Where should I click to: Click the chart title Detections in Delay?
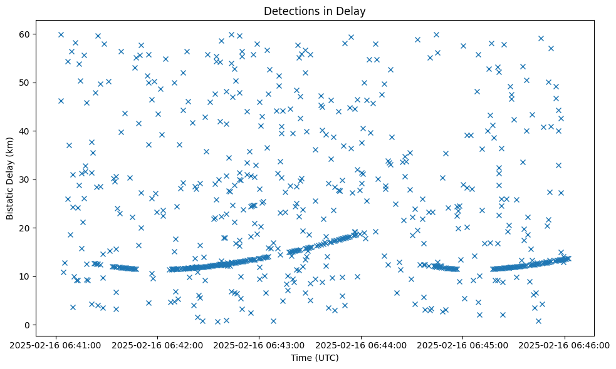[x=314, y=11]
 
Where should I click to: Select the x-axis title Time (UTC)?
[x=314, y=358]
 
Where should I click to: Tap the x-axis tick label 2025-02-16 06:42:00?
[x=157, y=345]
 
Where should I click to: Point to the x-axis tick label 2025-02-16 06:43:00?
[x=259, y=345]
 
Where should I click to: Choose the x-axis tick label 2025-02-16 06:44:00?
[x=361, y=345]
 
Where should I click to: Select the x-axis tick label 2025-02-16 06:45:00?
[x=462, y=345]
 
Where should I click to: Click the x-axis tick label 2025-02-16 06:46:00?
[x=564, y=345]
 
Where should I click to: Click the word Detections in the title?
[x=291, y=11]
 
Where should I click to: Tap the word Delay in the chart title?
[x=352, y=11]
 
